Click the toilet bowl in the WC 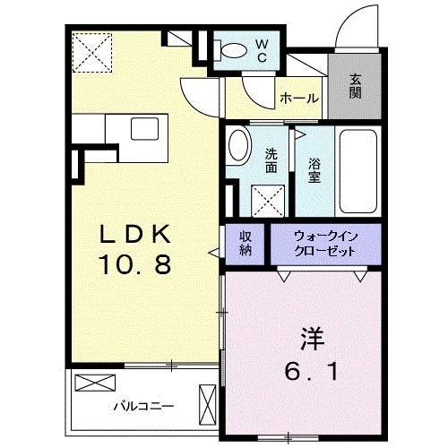(232, 50)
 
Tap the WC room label (262, 50)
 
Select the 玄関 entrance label (355, 86)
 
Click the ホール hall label (299, 98)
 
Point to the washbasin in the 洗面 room (238, 146)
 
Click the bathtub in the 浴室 (358, 171)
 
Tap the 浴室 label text (314, 170)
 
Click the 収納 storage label (246, 244)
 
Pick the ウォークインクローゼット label (325, 244)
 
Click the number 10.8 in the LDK (136, 264)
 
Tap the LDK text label (135, 234)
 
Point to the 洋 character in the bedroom (313, 339)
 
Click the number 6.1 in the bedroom (312, 370)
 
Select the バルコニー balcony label (143, 406)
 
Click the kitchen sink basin (144, 128)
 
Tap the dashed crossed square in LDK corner (92, 53)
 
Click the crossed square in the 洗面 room (268, 201)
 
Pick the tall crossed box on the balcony (208, 404)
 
